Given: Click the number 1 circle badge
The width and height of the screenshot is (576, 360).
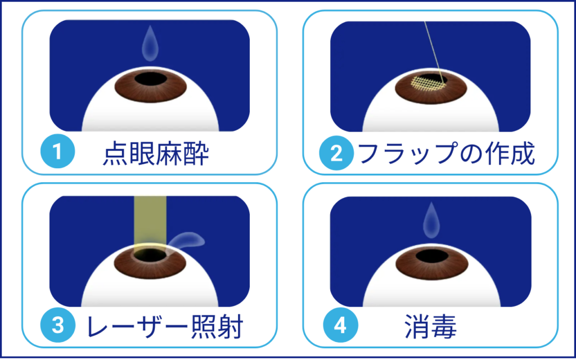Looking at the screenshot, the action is pos(58,151).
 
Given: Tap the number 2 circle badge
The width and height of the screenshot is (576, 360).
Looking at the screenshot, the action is pos(336,153).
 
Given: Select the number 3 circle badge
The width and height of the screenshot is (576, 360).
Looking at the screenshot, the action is pos(58,326).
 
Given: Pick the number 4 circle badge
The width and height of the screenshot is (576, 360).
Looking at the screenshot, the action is pos(340,325).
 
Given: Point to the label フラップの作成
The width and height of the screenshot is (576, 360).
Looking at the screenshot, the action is pos(445,154).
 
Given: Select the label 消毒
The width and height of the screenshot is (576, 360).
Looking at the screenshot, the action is pos(430,326).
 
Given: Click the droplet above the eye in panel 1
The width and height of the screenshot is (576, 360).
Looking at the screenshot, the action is pos(150,43).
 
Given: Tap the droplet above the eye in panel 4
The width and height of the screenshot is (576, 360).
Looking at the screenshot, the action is pos(431,220).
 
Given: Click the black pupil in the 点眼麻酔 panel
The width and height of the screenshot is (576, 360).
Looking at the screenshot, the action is pos(150,78).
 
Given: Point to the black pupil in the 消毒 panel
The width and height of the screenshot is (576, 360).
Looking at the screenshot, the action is pos(431,256).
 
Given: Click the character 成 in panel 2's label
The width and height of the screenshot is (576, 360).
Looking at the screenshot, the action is pos(522,154).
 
